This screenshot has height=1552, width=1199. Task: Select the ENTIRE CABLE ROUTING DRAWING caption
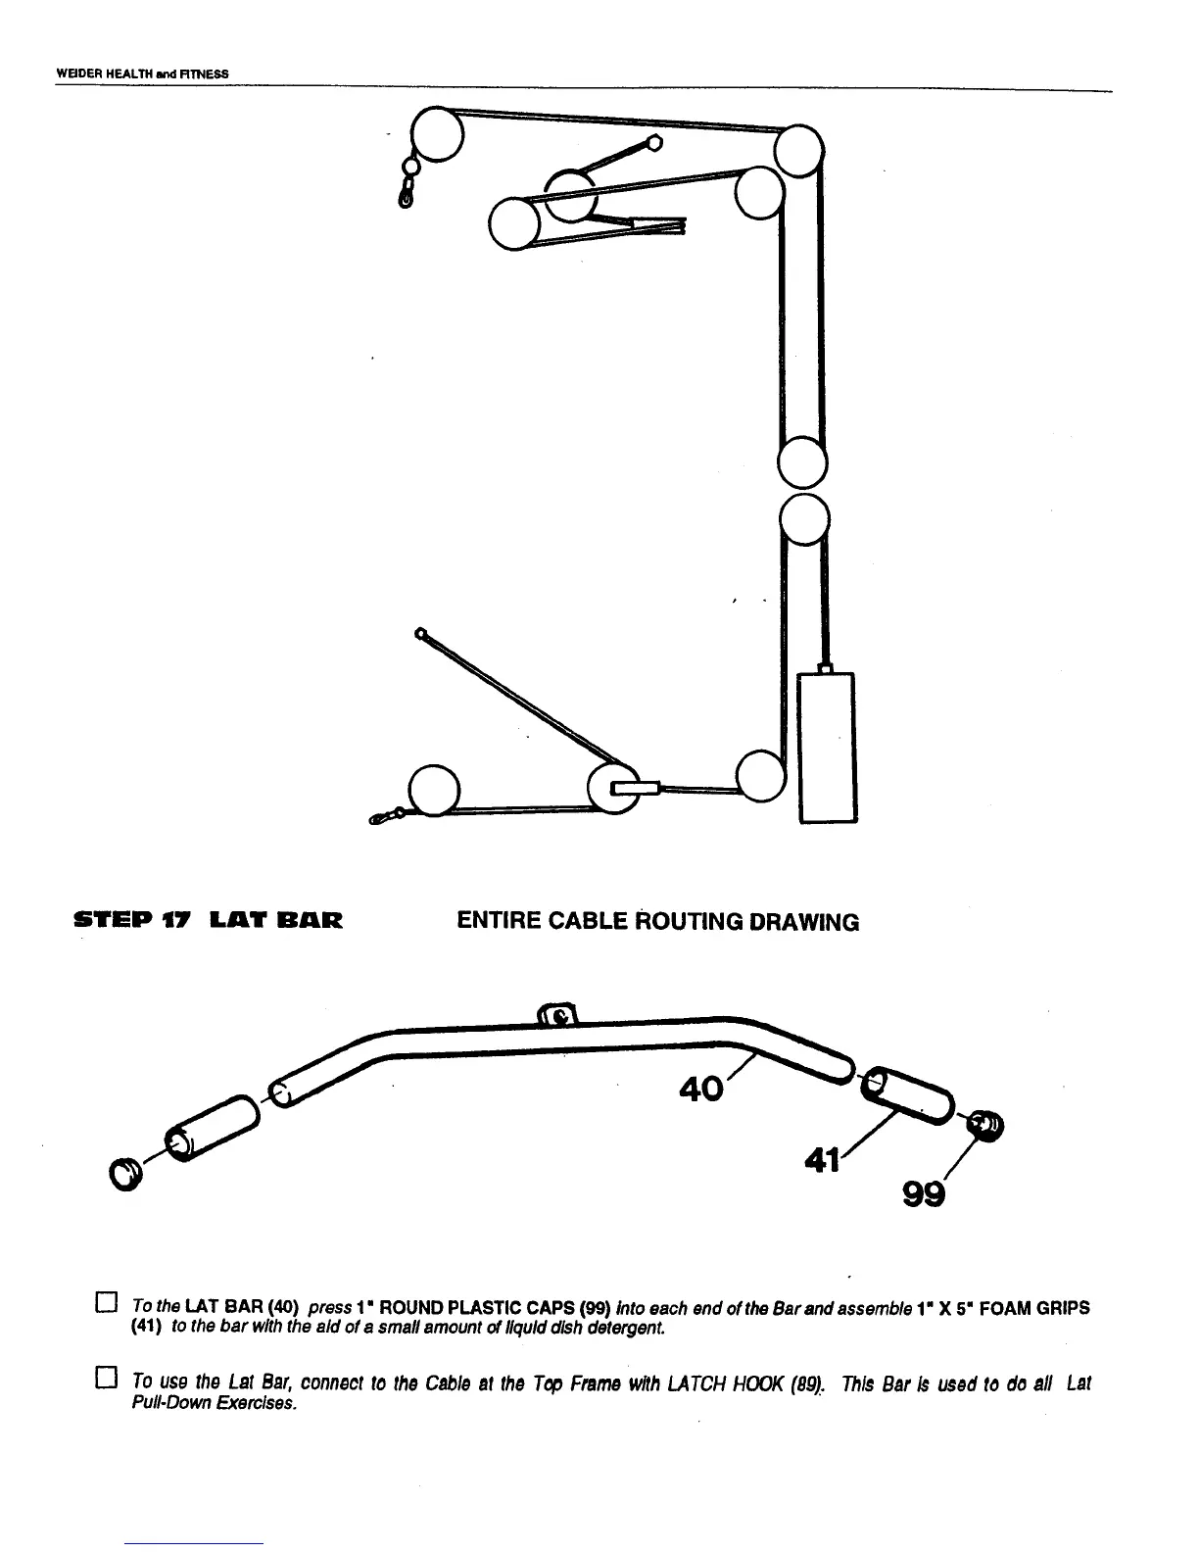pyautogui.click(x=657, y=922)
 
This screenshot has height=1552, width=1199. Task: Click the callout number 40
pyautogui.click(x=701, y=1089)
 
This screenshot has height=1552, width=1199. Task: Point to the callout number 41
pyautogui.click(x=822, y=1161)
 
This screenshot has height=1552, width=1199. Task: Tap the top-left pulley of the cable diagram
pyautogui.click(x=437, y=133)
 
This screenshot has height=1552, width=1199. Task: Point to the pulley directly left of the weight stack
pyautogui.click(x=761, y=775)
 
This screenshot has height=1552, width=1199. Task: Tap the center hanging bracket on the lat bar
pyautogui.click(x=557, y=1015)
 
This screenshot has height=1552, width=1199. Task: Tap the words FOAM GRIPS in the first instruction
pyautogui.click(x=1031, y=1307)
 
